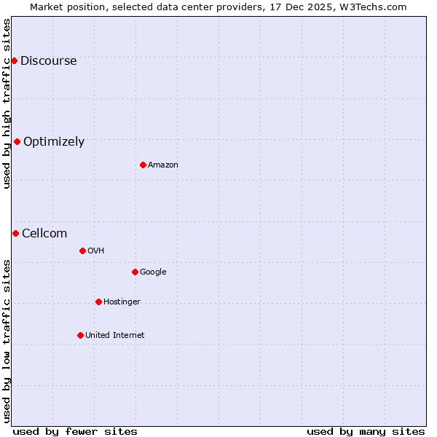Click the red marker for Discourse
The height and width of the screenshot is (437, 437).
pyautogui.click(x=14, y=60)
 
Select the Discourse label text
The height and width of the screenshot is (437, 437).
pyautogui.click(x=48, y=61)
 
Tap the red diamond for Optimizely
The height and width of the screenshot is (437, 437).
pyautogui.click(x=17, y=141)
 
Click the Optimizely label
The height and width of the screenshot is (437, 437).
pyautogui.click(x=54, y=142)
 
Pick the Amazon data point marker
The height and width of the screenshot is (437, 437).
pyautogui.click(x=143, y=165)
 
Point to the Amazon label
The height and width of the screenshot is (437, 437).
pyautogui.click(x=162, y=165)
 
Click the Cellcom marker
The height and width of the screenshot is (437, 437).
pyautogui.click(x=15, y=233)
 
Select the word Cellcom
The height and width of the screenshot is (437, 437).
pyautogui.click(x=44, y=234)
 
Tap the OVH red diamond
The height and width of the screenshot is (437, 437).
pyautogui.click(x=82, y=251)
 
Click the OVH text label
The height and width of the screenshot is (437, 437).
pyautogui.click(x=95, y=251)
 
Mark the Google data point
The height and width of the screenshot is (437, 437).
pyautogui.click(x=135, y=272)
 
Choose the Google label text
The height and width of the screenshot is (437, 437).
pyautogui.click(x=153, y=272)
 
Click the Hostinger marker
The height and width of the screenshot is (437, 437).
pyautogui.click(x=98, y=302)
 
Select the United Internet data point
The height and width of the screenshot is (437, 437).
pyautogui.click(x=80, y=335)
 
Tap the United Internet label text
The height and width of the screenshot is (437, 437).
pyautogui.click(x=114, y=336)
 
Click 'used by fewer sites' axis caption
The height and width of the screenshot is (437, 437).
pyautogui.click(x=75, y=432)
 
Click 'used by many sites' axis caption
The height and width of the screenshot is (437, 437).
pyautogui.click(x=366, y=432)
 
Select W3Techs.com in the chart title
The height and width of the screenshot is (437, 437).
pyautogui.click(x=374, y=7)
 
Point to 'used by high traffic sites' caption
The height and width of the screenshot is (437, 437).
pyautogui.click(x=7, y=103)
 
